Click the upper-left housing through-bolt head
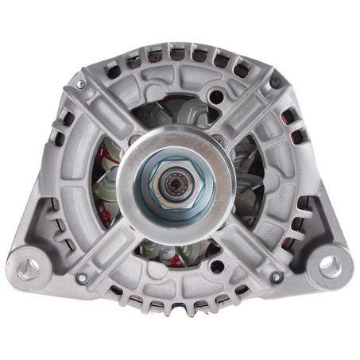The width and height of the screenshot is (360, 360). pos(80,84)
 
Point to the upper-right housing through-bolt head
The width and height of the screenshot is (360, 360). pos(275,82)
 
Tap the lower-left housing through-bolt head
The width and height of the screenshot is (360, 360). pos(81,278)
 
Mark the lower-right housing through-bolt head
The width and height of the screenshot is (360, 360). pos(276,277)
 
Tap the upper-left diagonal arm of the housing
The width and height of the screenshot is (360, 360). pos(111,111)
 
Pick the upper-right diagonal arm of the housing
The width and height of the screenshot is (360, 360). pos(246,111)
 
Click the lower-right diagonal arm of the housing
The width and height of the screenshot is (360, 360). pos(246,246)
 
